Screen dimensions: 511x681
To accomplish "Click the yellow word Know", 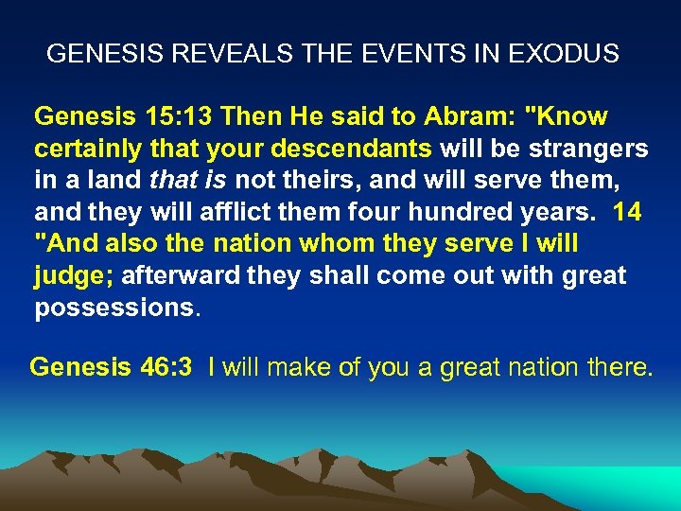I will point(567,117).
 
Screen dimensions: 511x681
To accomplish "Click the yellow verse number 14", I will point(627,213).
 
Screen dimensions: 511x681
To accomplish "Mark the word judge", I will point(72,276).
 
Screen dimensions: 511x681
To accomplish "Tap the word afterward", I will point(166,276).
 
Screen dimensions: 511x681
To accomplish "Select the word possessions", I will point(113,308).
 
